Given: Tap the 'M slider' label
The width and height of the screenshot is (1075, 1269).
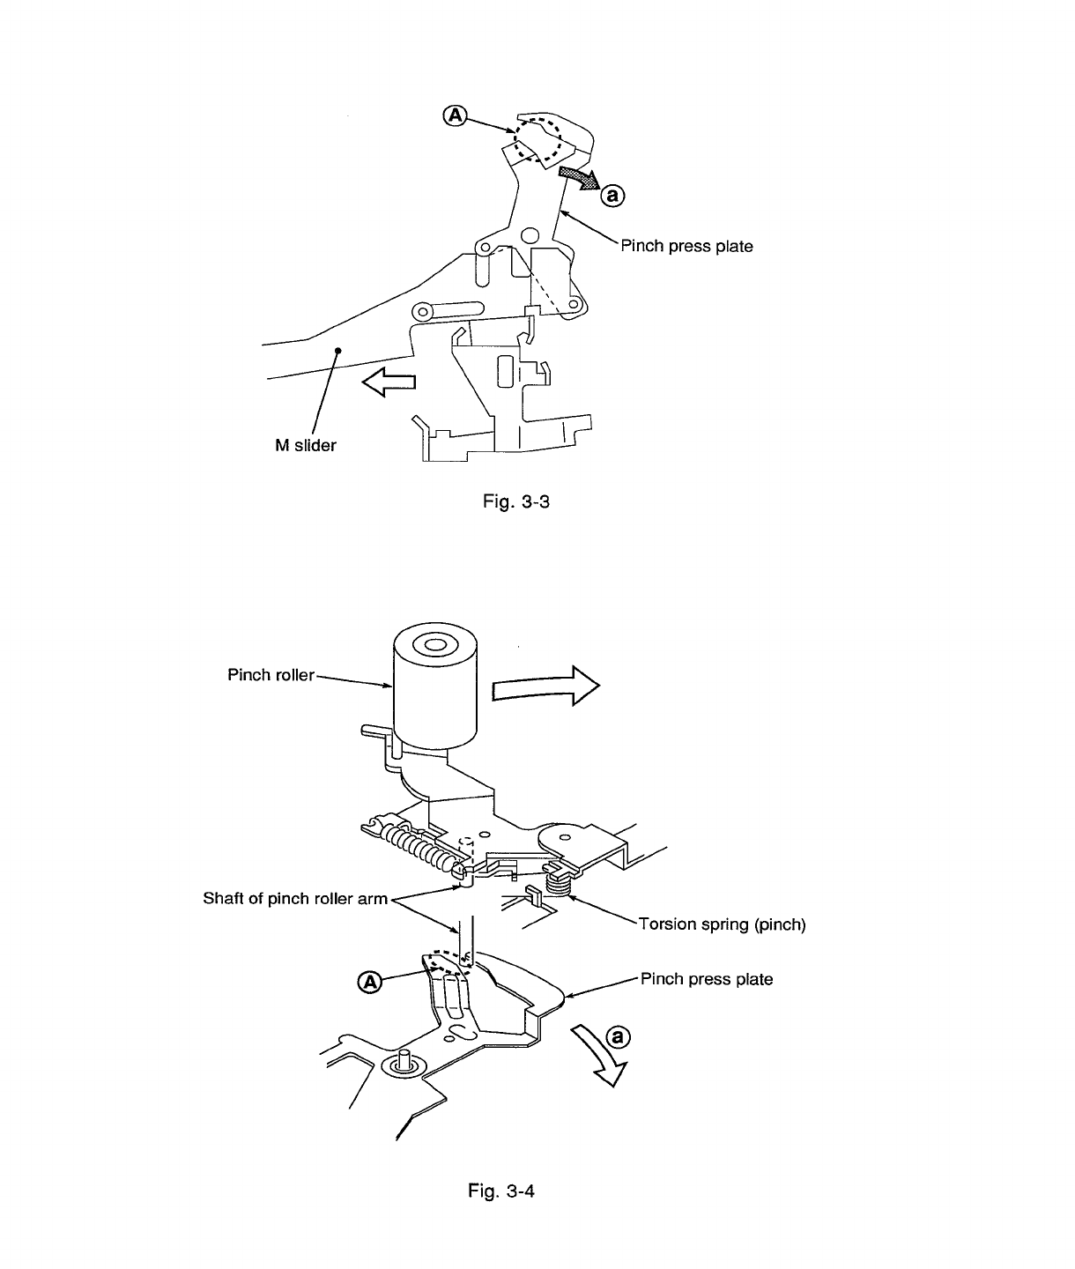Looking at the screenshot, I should pos(305,446).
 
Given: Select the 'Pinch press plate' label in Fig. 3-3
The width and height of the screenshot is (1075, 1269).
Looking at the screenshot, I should pos(686,246).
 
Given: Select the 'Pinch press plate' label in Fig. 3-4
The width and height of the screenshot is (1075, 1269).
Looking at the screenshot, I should pos(707,979).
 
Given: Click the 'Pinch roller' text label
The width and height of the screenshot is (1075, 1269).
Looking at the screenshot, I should pos(271,676).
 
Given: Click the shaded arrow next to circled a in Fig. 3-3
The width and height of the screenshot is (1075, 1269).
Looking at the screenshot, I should pos(578,178).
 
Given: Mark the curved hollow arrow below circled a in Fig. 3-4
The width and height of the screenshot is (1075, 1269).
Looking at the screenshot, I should pos(600,1058).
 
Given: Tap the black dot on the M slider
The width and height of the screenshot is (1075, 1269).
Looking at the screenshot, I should pos(337,351).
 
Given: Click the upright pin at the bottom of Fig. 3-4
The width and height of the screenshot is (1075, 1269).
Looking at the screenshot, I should pos(405,1059).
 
